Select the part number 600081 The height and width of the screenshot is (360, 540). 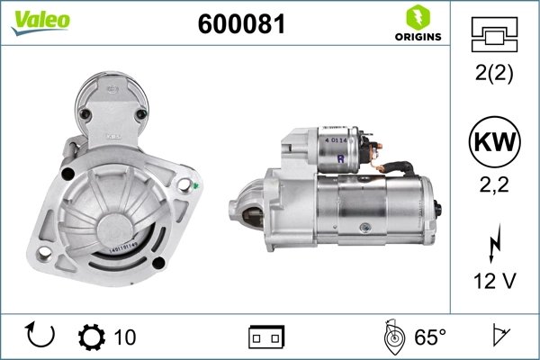click(240, 25)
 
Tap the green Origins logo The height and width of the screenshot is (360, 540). click(417, 23)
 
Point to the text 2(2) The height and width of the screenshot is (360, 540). click(493, 76)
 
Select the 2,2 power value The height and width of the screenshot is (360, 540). click(493, 187)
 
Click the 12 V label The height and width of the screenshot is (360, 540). click(493, 281)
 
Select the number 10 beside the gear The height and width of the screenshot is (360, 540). click(125, 337)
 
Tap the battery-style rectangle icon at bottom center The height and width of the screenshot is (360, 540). click(265, 337)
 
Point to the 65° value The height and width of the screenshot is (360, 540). click(430, 337)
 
